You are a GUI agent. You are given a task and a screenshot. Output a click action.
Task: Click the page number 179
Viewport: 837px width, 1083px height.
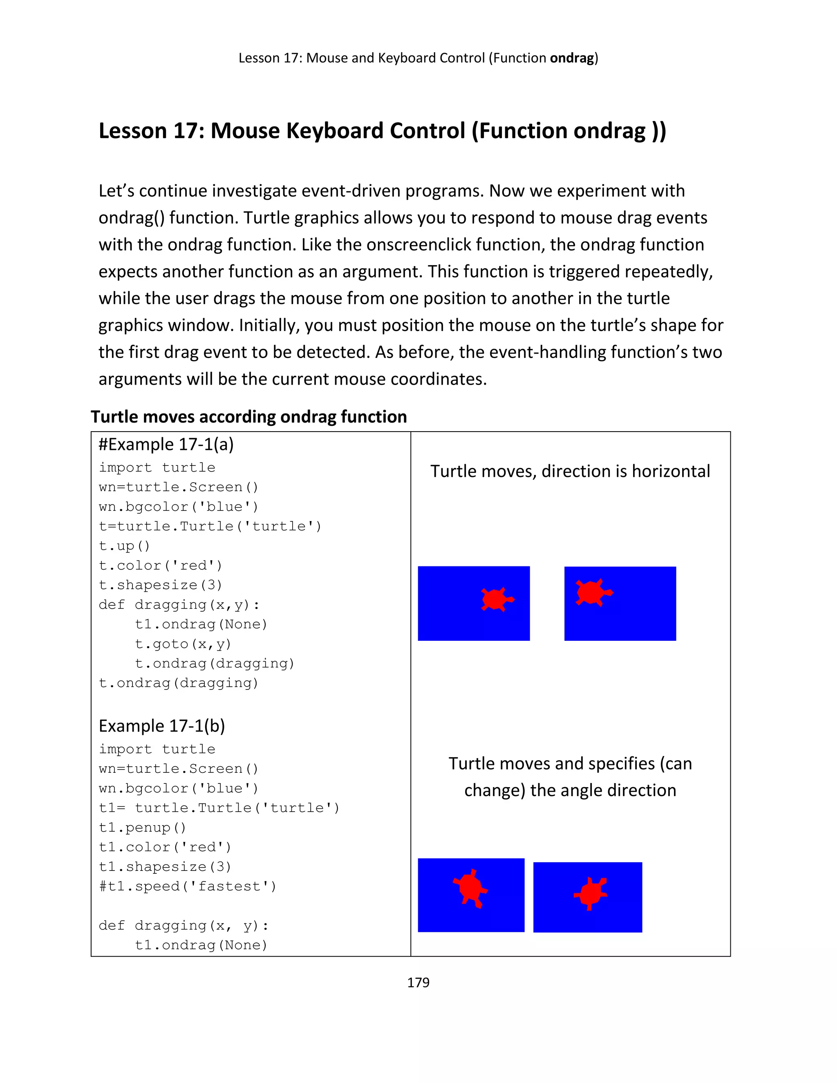tap(418, 982)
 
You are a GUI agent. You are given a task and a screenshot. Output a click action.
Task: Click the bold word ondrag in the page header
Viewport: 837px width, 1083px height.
tap(572, 58)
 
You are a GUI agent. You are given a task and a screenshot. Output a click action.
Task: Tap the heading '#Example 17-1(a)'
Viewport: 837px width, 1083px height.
tap(166, 444)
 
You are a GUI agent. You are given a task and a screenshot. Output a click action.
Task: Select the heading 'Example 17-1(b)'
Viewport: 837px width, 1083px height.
tap(162, 726)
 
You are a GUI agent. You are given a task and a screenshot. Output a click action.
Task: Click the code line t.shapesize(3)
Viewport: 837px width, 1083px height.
tap(160, 585)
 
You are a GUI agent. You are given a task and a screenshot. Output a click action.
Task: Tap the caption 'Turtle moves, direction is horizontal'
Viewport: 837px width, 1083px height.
tap(570, 471)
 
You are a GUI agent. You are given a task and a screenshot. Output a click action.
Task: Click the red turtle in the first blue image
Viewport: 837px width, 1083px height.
tap(496, 599)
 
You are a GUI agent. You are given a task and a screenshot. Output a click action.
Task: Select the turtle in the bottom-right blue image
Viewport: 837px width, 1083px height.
tap(591, 893)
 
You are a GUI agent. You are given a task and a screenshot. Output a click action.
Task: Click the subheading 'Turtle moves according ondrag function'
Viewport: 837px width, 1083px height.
tap(248, 416)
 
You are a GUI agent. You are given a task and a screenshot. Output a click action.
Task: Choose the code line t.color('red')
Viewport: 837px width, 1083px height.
tap(160, 566)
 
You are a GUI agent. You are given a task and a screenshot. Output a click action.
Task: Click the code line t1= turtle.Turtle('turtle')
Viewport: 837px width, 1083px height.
tap(219, 808)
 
